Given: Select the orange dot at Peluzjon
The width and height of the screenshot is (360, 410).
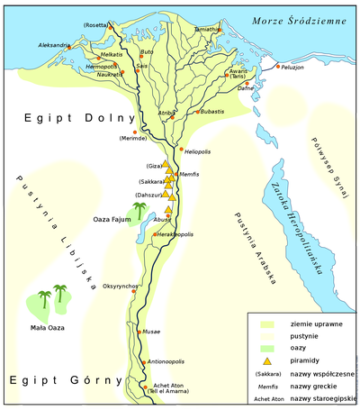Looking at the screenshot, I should point(280,66).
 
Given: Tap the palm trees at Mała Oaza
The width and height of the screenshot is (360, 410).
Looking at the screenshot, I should point(50,298).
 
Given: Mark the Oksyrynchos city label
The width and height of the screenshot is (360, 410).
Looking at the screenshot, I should point(121,286).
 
